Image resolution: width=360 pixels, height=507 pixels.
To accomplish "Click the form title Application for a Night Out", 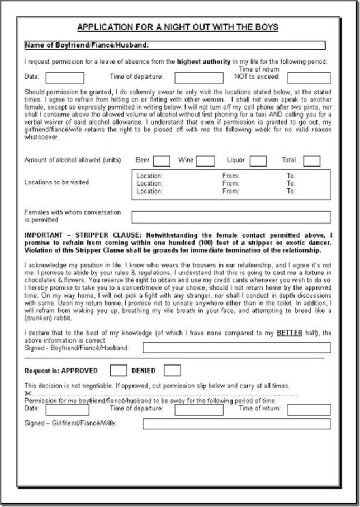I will click(177, 27).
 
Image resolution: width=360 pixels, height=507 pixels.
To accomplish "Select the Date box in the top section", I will click(65, 78).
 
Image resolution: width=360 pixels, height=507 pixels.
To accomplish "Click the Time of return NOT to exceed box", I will click(309, 78).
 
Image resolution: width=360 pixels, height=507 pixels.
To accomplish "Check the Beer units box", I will click(161, 161).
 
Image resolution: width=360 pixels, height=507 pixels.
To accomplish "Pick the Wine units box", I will click(205, 161).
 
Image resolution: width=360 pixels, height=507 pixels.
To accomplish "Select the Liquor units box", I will click(258, 161).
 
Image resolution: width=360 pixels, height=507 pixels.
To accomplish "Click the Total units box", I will click(311, 161).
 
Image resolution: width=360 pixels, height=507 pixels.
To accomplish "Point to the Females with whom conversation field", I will click(231, 217).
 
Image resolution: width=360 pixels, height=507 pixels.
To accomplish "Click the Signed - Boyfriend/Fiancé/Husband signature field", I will click(236, 348).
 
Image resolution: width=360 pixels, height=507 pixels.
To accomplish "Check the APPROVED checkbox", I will click(119, 370).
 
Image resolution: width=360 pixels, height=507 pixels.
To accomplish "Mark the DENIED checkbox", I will click(172, 370).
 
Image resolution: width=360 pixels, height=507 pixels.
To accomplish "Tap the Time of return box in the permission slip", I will click(309, 410).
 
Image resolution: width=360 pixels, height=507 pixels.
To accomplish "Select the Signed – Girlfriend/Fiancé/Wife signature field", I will click(236, 424).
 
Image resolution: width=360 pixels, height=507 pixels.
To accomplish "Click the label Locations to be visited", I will click(56, 182).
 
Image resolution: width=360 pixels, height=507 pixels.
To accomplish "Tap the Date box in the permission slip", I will click(67, 410).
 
